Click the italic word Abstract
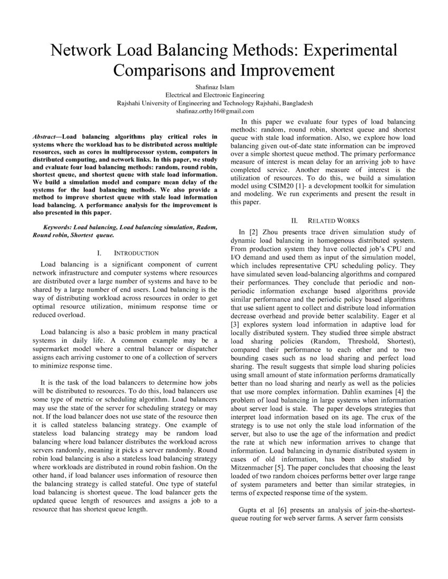[44, 136]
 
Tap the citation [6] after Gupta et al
[278, 510]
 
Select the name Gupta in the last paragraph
[250, 510]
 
